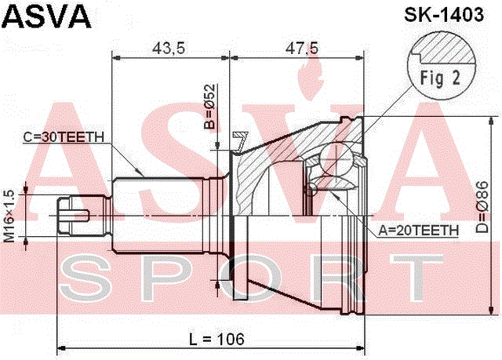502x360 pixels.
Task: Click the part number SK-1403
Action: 444,14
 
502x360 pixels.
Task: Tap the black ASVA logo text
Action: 47,16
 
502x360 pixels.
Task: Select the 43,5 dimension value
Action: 169,49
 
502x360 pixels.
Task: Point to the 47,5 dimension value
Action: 302,49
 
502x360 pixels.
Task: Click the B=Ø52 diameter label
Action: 210,107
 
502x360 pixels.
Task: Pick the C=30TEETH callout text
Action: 64,137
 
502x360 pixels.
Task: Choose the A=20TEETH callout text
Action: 418,231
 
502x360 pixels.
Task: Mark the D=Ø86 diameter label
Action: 482,207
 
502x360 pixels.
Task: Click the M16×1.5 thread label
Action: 9,216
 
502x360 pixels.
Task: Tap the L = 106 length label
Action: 216,339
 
